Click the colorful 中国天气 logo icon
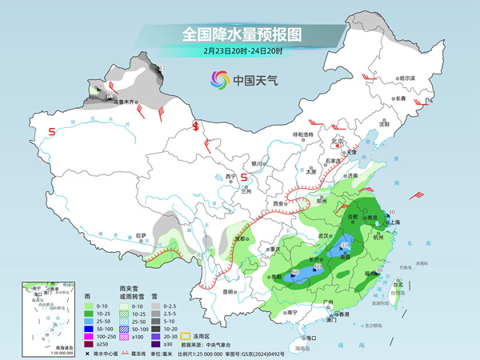tap(219, 79)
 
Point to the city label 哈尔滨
tap(407, 78)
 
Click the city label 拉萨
tap(142, 235)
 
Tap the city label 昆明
tap(228, 292)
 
